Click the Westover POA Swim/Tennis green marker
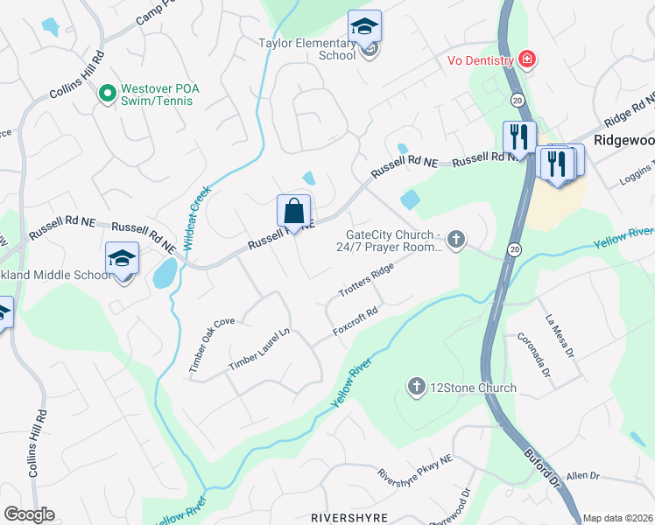108,91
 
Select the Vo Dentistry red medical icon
527,59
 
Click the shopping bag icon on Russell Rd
293,212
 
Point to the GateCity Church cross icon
454,238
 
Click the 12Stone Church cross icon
418,387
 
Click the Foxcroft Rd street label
356,321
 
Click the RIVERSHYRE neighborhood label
349,518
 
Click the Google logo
29,514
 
